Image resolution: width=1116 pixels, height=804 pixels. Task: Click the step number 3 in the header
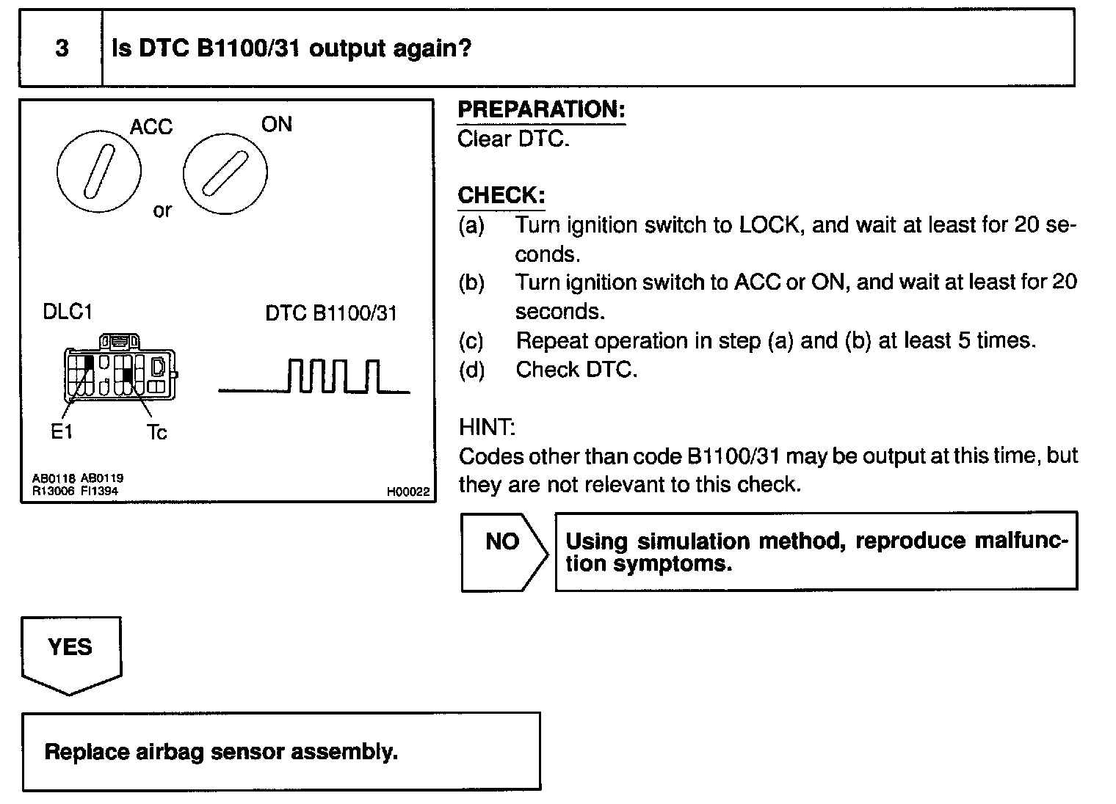(x=62, y=48)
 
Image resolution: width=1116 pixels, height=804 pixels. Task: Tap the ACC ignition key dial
(x=98, y=171)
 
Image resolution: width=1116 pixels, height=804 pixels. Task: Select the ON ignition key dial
(x=225, y=174)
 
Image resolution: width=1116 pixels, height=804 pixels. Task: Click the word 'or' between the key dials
(x=162, y=211)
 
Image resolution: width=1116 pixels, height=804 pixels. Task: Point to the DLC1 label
(x=68, y=312)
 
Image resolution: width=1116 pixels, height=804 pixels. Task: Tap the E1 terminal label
(x=62, y=432)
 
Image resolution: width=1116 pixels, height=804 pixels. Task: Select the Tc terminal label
(x=156, y=433)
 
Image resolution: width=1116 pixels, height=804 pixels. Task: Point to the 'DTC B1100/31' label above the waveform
(x=331, y=313)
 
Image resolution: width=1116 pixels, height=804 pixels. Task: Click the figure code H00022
(x=407, y=492)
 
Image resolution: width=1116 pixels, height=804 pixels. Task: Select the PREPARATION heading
(x=541, y=110)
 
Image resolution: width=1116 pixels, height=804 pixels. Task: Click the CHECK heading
(x=501, y=196)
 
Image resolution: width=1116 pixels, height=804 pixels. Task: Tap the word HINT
(x=487, y=427)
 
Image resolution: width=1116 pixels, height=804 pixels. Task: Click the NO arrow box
(x=503, y=551)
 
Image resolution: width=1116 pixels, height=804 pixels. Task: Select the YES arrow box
(x=70, y=651)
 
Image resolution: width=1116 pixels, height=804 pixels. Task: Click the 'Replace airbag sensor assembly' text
(x=221, y=752)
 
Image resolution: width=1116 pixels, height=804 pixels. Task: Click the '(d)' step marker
(x=471, y=370)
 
